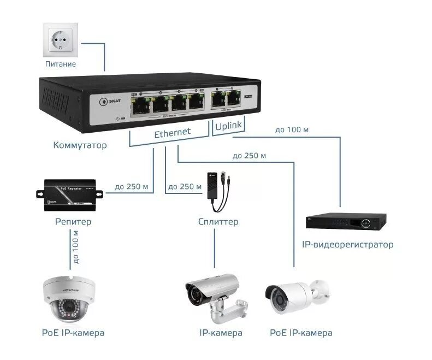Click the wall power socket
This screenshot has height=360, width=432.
pos(60,39)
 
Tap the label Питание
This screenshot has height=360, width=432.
pos(60,64)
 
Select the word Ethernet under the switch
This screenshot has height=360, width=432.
pos(173,133)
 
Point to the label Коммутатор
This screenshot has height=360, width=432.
pos(80,146)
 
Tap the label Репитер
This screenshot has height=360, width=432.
pos(73,222)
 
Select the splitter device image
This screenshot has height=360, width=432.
pos(220,191)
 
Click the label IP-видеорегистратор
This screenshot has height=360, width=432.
pos(347,245)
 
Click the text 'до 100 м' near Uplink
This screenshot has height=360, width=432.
pos(292,131)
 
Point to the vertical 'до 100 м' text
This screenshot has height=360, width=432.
pos(76,246)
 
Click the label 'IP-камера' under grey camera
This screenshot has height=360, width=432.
pos(220,333)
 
